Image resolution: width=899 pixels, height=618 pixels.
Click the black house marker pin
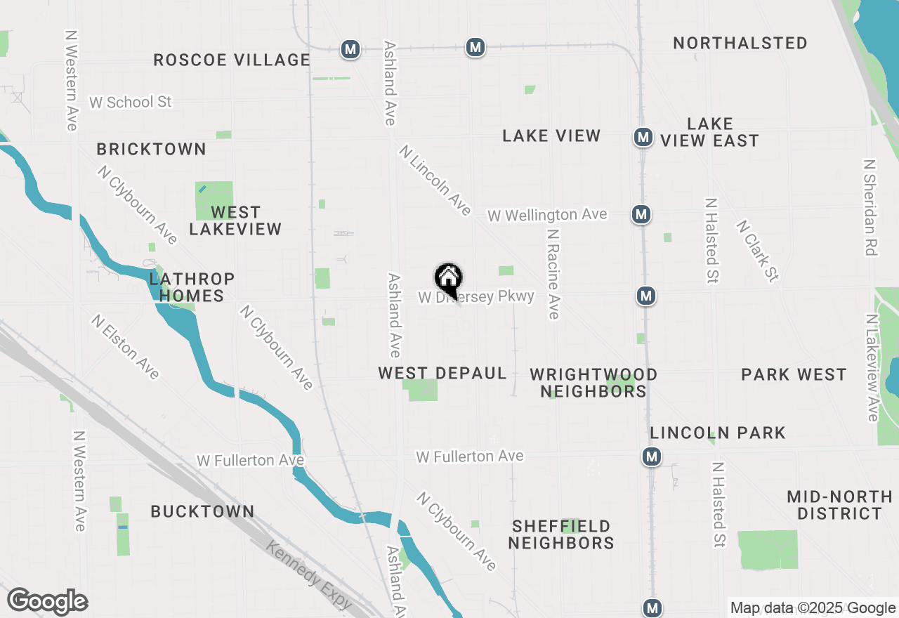click(x=448, y=278)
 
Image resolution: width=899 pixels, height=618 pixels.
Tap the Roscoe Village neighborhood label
click(x=232, y=60)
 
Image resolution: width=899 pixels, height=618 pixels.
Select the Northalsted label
click(x=740, y=43)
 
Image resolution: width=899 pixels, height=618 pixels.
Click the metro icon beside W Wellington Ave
click(x=640, y=214)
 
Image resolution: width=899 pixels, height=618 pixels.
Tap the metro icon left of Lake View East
click(x=643, y=137)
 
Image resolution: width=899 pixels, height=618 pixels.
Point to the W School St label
click(x=130, y=102)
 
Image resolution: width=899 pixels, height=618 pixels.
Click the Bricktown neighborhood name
click(x=152, y=149)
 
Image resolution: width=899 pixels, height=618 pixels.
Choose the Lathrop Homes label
click(x=192, y=287)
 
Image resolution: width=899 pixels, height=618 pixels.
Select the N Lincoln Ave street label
click(x=435, y=180)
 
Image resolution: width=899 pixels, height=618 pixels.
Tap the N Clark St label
click(x=757, y=251)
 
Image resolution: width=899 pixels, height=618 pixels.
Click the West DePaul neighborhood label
click(x=442, y=373)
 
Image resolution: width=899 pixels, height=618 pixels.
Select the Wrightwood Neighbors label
click(x=593, y=383)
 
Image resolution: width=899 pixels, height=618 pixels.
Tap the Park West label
click(x=794, y=374)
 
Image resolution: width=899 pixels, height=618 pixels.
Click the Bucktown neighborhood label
click(x=202, y=511)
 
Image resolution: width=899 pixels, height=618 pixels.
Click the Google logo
click(x=47, y=602)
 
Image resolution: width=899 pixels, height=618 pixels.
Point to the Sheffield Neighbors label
click(x=561, y=534)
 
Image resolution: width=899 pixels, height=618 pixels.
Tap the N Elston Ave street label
click(x=125, y=346)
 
